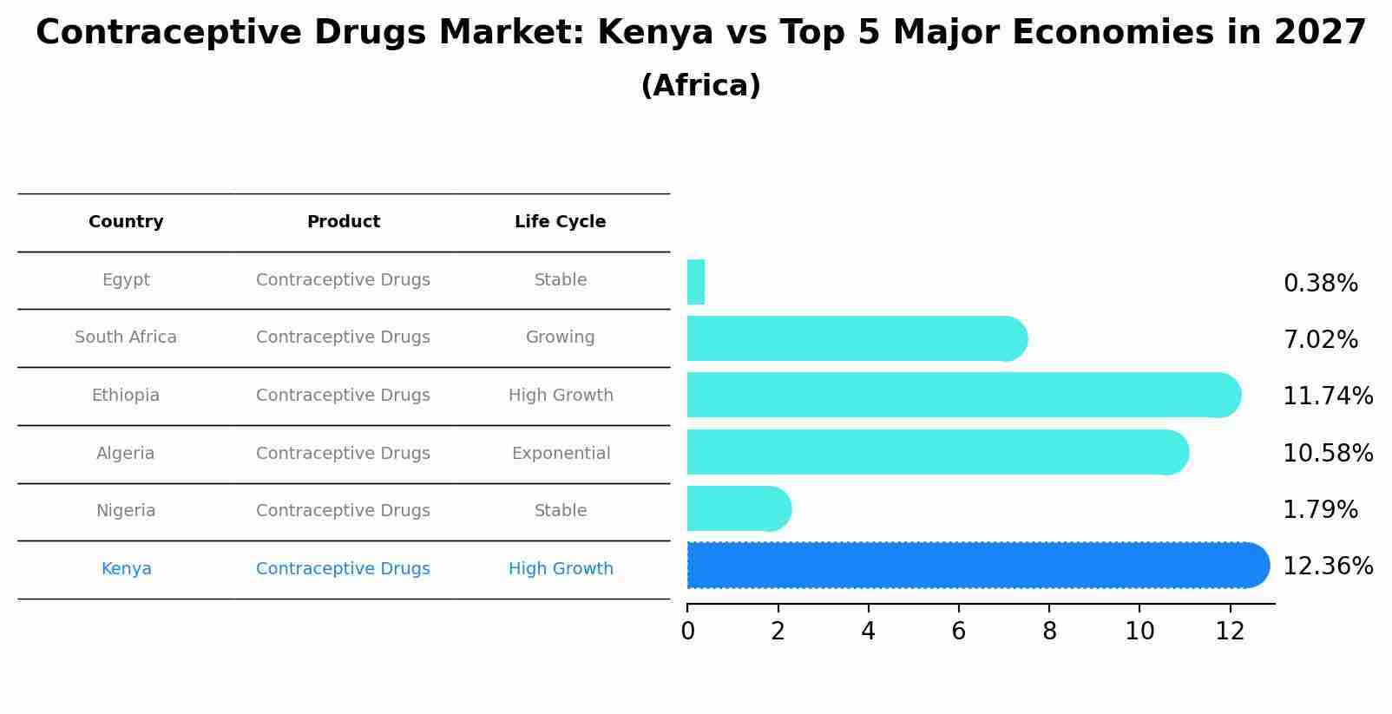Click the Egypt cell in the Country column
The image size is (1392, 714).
coord(126,280)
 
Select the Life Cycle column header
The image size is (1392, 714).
coord(560,222)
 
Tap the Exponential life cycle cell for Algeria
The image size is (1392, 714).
coord(561,454)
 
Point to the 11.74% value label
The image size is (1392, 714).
coord(1327,396)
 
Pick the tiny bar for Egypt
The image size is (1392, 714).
coord(696,282)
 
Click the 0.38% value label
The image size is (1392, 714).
coord(1320,284)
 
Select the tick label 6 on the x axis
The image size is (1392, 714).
coord(958,632)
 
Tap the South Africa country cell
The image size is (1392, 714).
coord(126,337)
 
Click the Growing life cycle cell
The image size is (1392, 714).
coord(560,337)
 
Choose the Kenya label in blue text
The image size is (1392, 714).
coord(127,569)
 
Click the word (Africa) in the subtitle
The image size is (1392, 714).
coord(700,86)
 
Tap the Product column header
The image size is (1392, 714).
coord(344,222)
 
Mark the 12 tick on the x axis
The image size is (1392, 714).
coord(1230,632)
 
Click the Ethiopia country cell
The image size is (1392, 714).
coord(126,396)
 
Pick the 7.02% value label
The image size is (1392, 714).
coord(1320,340)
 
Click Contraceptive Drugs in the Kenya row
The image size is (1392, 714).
coord(343,569)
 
